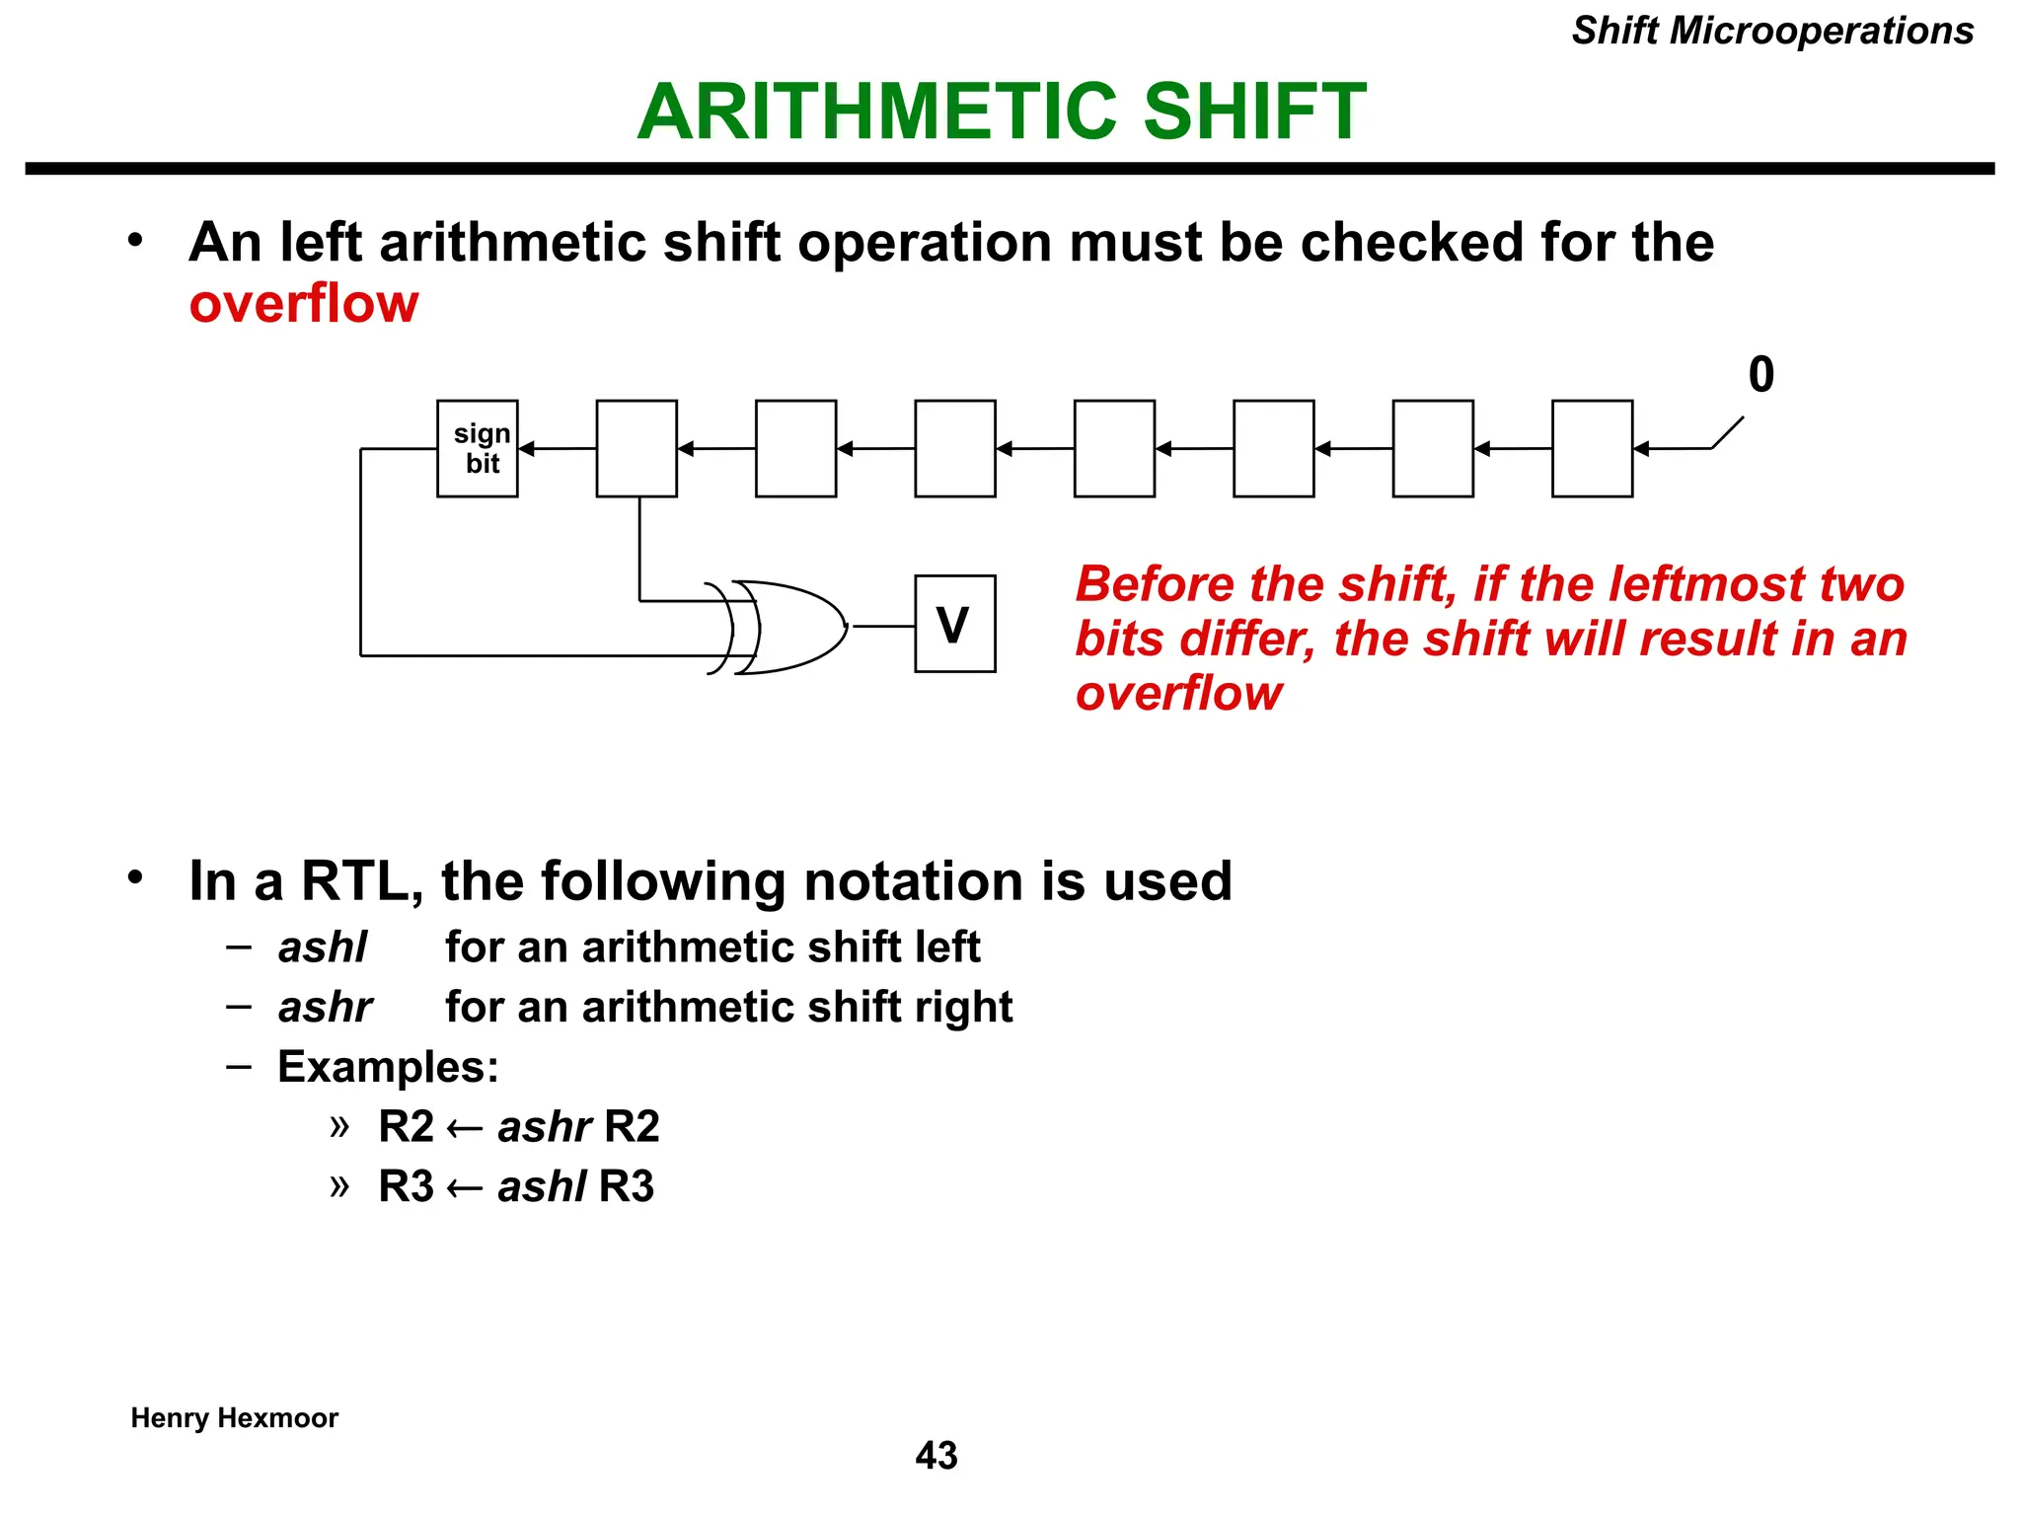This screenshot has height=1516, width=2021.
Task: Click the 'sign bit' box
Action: point(478,449)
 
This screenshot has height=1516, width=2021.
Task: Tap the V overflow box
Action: point(954,624)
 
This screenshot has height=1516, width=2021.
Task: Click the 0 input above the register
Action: point(1760,375)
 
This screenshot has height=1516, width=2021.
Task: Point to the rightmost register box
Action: point(1592,449)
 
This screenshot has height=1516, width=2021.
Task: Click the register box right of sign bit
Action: point(636,449)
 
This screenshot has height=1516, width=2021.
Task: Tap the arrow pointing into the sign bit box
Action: point(528,449)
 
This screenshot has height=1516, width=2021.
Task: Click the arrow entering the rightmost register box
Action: point(1643,449)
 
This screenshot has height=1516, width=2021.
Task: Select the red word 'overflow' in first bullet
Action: point(304,303)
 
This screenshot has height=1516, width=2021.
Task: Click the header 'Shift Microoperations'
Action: point(1772,31)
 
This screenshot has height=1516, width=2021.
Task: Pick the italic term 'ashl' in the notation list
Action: point(322,947)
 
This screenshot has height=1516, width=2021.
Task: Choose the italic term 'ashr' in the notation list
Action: point(325,1008)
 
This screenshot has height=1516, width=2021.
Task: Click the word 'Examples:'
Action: point(388,1067)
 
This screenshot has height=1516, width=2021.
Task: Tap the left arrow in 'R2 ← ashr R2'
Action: point(465,1128)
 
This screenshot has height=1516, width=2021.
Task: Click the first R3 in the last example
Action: point(406,1186)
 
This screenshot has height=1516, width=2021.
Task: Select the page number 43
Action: point(936,1456)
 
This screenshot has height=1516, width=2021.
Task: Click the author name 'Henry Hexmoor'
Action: point(235,1418)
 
